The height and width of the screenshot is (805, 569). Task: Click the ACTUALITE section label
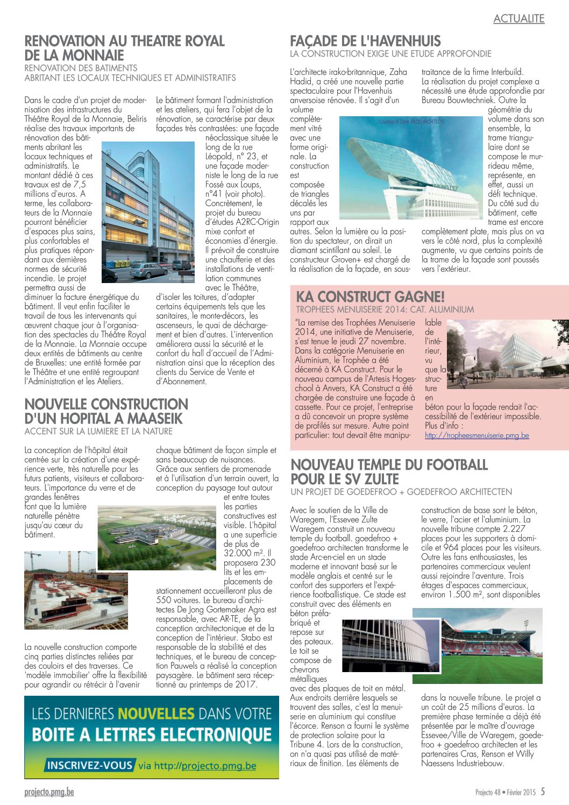(x=518, y=19)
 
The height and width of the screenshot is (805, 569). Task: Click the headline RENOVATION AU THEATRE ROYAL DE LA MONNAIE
(x=124, y=48)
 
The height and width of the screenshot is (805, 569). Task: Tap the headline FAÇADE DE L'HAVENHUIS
(x=365, y=41)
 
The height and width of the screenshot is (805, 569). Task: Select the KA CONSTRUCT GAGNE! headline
(x=370, y=296)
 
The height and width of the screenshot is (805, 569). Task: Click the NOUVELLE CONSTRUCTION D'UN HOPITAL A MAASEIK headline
(x=106, y=411)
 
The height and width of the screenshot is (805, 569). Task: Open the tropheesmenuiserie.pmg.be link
(x=476, y=435)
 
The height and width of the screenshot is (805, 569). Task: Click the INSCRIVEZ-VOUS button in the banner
(x=89, y=765)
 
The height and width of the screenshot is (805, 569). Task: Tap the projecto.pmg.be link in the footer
(x=49, y=792)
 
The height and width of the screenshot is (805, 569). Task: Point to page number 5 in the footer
(x=543, y=792)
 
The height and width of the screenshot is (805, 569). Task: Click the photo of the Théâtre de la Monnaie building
(x=148, y=212)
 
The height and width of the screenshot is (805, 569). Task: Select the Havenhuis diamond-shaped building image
(x=411, y=168)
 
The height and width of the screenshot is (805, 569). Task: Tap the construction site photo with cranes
(x=76, y=590)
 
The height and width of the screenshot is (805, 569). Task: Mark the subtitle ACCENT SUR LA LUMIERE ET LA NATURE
(x=98, y=432)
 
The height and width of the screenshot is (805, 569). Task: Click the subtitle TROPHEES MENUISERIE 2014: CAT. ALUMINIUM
(x=385, y=309)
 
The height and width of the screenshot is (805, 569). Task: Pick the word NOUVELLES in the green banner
(x=157, y=714)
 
